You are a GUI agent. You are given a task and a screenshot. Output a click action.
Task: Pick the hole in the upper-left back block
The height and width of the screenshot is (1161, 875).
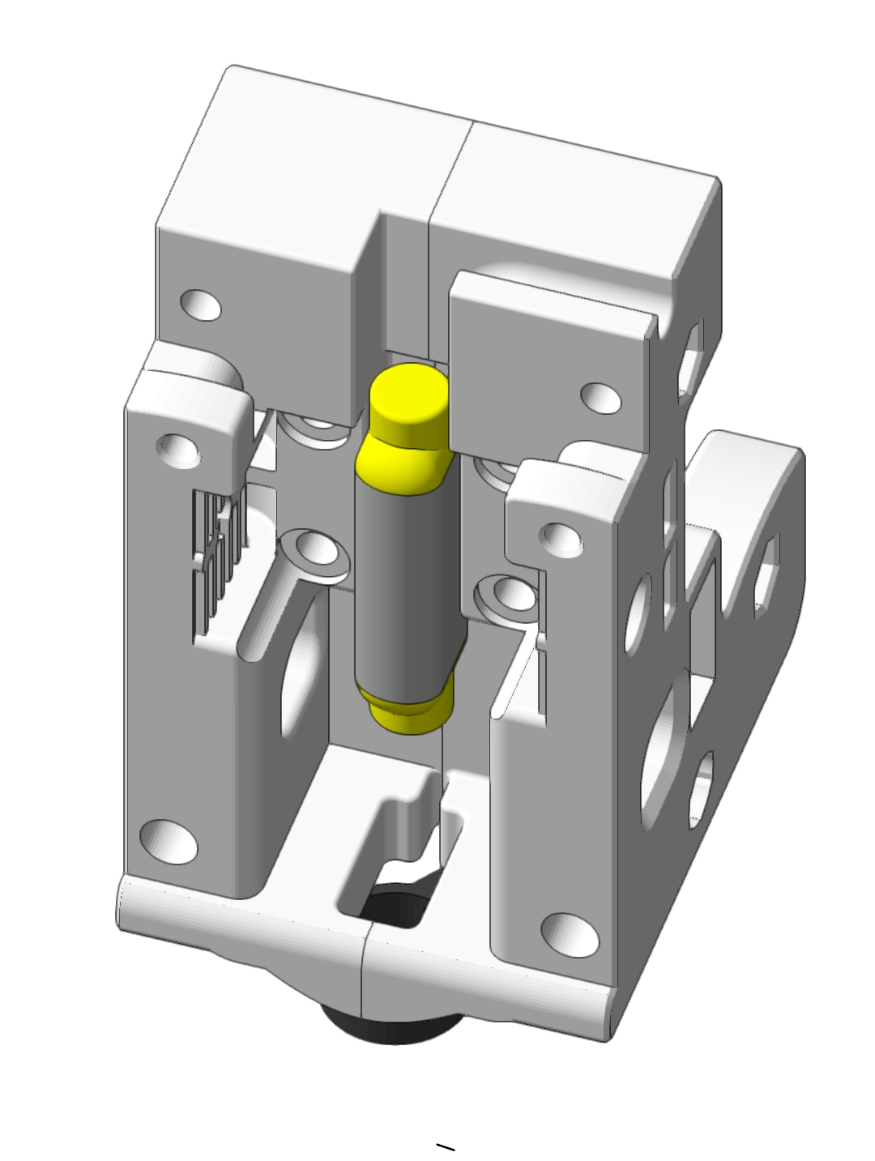(200, 305)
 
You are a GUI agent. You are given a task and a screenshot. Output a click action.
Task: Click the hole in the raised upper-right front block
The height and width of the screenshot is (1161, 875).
(601, 397)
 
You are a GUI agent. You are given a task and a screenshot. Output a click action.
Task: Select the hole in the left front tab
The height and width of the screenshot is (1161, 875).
(179, 447)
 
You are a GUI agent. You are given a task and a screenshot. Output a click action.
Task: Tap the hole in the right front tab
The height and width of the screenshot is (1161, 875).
(561, 536)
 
